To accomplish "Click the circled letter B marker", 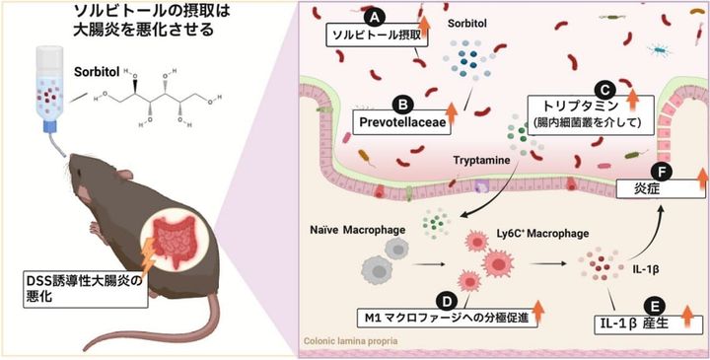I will click(x=401, y=103).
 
